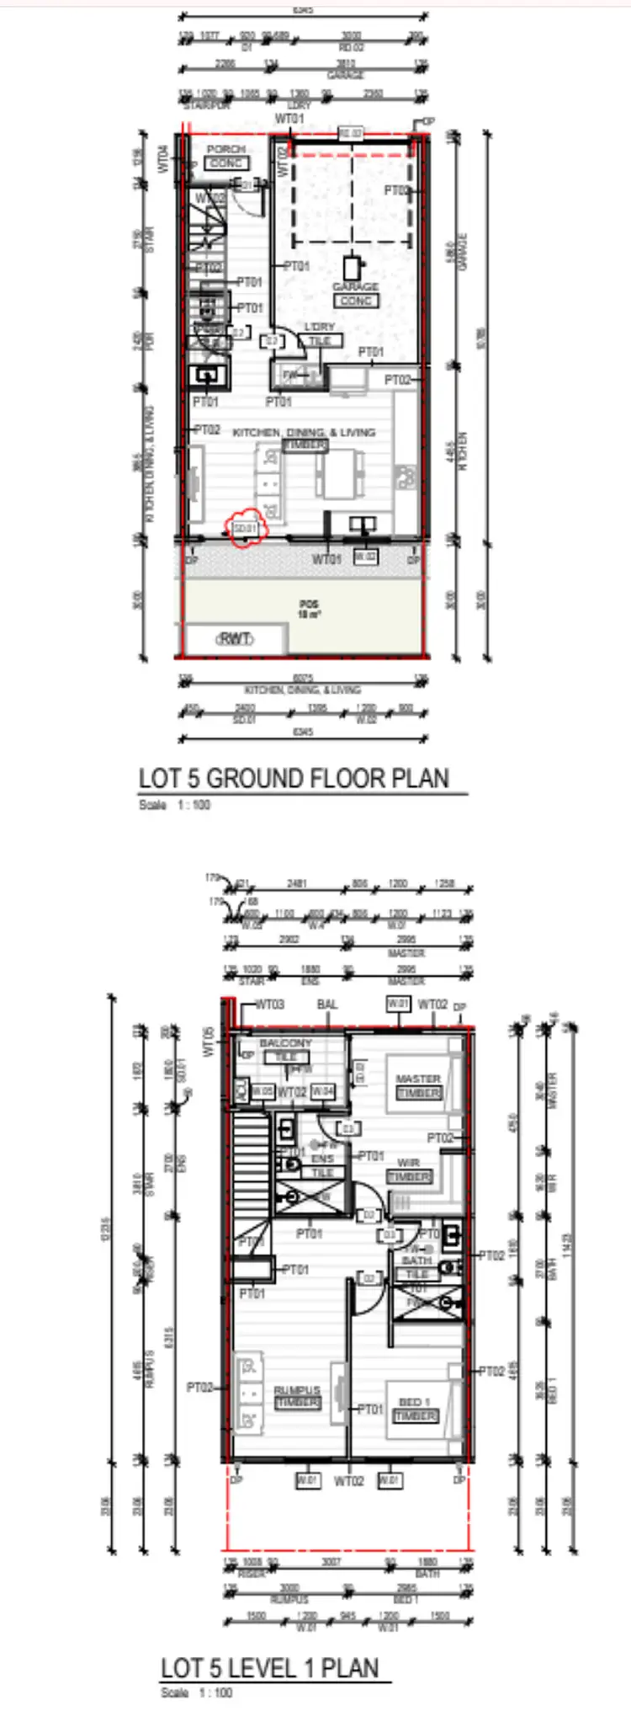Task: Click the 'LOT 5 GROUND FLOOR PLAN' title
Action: (x=294, y=778)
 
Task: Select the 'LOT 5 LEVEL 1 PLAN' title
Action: (x=270, y=1668)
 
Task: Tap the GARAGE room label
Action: (x=355, y=287)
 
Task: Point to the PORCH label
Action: (x=225, y=149)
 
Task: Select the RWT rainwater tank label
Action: (x=235, y=639)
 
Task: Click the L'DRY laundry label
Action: (x=319, y=327)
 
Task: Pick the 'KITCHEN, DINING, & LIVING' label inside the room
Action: (x=304, y=432)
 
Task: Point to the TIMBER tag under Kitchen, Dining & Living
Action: (x=305, y=445)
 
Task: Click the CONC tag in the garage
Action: (x=356, y=301)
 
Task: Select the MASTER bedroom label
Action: (x=418, y=1079)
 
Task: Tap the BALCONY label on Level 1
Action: (x=285, y=1043)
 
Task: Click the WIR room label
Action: (x=409, y=1163)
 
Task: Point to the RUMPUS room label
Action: (x=297, y=1391)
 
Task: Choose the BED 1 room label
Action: (x=415, y=1402)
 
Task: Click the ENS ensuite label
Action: (x=323, y=1159)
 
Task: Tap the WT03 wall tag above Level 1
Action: (x=269, y=1005)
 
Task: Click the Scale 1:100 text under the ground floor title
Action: (x=174, y=805)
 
